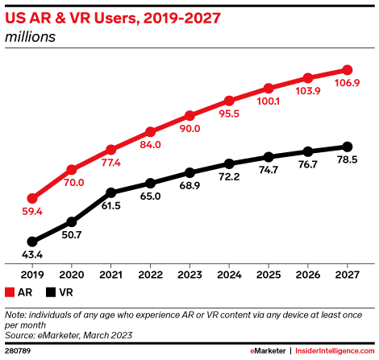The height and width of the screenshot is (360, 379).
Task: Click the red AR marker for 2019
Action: (32, 198)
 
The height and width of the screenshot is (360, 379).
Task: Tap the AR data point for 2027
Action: (348, 70)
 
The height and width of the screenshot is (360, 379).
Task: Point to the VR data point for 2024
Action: (229, 163)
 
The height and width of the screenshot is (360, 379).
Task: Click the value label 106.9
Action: (348, 85)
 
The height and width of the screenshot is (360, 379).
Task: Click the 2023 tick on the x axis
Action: (189, 273)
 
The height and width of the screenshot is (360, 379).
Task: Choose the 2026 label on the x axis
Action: (308, 273)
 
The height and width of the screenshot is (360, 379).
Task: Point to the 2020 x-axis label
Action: (72, 273)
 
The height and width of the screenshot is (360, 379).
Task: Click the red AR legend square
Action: (9, 292)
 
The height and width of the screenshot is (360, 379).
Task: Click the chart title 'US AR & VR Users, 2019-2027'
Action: (113, 19)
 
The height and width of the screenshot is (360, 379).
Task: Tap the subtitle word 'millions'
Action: (29, 36)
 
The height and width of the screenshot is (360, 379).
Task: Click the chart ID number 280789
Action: (17, 351)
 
